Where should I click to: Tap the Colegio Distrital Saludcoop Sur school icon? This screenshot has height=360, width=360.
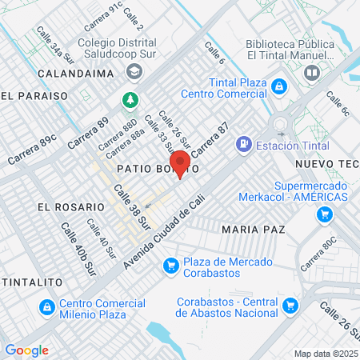(133, 72)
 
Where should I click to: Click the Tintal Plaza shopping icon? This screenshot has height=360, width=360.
(278, 86)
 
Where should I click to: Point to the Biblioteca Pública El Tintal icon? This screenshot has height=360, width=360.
(313, 72)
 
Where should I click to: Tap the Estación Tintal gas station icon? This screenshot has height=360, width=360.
(242, 146)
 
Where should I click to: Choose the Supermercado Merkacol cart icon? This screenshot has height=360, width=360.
(324, 214)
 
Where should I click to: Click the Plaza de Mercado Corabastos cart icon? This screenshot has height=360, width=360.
(170, 266)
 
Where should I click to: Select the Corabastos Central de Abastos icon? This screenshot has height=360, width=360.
(290, 305)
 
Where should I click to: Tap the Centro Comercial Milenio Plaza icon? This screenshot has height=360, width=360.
(47, 307)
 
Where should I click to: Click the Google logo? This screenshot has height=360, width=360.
(26, 350)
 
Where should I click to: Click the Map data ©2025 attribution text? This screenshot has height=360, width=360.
(325, 353)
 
